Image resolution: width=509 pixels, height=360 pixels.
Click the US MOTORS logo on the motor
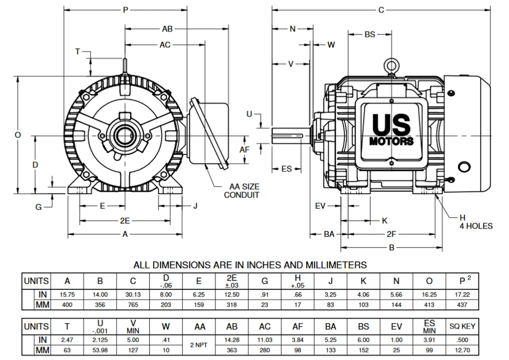(391, 130)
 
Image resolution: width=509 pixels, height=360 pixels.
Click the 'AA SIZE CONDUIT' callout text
(241, 191)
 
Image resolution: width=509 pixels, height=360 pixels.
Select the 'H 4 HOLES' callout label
(476, 222)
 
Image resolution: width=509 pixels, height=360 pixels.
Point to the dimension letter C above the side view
(381, 10)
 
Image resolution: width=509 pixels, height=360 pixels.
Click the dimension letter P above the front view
(126, 10)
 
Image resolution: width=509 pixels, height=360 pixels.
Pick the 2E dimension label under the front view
(125, 221)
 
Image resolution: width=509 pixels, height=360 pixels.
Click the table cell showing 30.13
(133, 295)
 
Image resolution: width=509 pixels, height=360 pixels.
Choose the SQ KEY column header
(462, 327)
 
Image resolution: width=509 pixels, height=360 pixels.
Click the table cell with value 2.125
(100, 340)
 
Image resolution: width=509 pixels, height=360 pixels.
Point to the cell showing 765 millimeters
(133, 305)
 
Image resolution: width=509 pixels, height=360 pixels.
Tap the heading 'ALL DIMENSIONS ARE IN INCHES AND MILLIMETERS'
(250, 265)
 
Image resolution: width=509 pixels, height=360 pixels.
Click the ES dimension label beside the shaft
(286, 169)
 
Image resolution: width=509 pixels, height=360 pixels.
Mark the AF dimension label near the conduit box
(245, 150)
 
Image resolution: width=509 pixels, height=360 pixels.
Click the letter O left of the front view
(17, 135)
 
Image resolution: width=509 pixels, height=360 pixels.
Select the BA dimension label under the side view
(329, 234)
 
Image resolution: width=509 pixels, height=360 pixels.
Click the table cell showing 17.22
(462, 295)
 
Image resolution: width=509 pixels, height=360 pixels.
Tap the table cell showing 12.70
(462, 350)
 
